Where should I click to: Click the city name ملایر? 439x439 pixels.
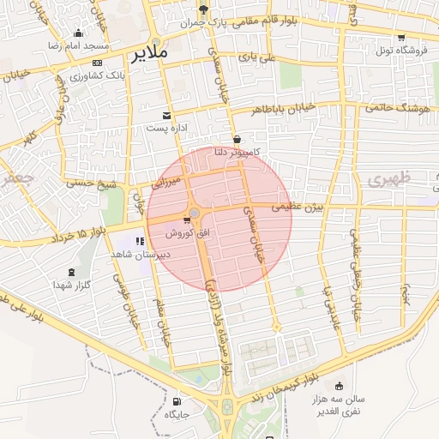152,56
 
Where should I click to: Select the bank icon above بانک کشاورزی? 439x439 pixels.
96,63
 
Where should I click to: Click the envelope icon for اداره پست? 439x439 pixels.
167,115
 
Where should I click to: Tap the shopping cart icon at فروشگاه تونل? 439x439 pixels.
401,37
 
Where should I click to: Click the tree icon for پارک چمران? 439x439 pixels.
203,9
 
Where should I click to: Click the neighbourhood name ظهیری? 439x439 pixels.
390,181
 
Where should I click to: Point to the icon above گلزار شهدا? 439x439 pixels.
70,273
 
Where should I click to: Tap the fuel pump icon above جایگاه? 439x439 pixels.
177,400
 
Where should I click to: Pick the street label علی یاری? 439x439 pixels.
257,57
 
